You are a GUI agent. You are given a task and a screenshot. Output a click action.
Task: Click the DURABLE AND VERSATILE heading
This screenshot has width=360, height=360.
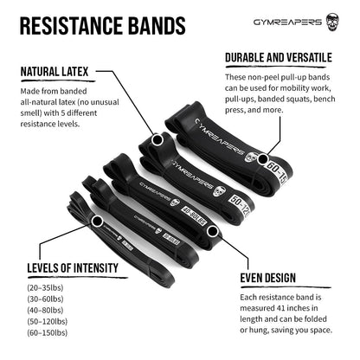click(x=278, y=57)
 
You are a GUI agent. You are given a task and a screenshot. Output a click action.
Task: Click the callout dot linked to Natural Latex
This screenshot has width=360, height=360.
click(x=157, y=139)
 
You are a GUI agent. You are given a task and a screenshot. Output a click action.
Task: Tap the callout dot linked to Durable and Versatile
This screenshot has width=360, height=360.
click(x=261, y=159)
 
